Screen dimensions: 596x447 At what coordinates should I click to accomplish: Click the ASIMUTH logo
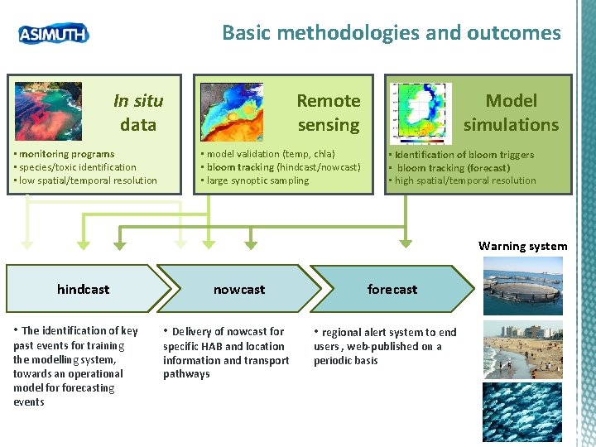[x=53, y=33]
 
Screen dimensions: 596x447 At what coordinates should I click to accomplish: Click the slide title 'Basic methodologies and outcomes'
[x=391, y=33]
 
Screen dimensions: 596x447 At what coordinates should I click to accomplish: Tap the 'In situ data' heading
[x=138, y=113]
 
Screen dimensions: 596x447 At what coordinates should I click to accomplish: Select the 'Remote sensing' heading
[x=329, y=113]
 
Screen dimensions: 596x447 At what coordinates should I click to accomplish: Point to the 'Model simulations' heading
[x=511, y=113]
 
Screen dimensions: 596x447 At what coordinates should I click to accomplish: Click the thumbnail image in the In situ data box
[x=49, y=111]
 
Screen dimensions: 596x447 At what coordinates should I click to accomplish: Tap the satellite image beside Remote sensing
[x=232, y=112]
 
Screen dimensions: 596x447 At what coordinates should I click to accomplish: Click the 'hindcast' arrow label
[x=83, y=289]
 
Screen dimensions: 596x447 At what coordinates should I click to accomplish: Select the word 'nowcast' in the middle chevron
[x=239, y=289]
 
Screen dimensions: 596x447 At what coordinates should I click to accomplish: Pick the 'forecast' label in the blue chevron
[x=392, y=289]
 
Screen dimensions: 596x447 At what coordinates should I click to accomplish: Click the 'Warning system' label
[x=523, y=246]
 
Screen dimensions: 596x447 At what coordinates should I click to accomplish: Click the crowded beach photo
[x=522, y=349]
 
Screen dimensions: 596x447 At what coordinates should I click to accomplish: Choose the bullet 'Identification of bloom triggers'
[x=464, y=154]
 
